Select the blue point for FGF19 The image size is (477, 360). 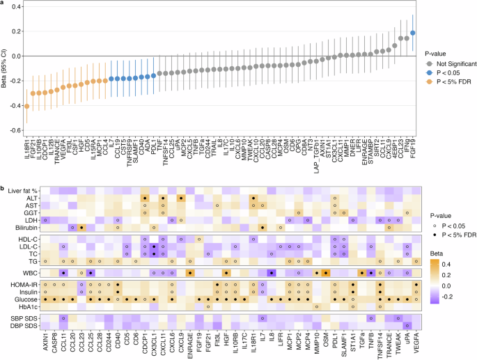point(412,33)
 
